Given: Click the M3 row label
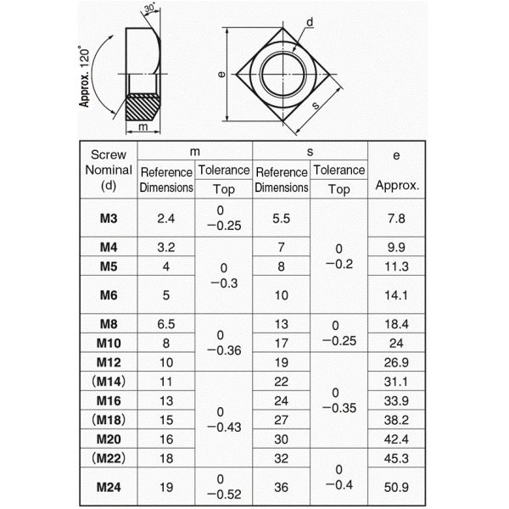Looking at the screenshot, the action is pyautogui.click(x=109, y=218).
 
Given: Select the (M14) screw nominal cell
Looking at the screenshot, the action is pyautogui.click(x=109, y=382).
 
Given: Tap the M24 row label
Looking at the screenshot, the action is pyautogui.click(x=109, y=487).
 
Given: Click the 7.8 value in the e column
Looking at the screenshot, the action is pyautogui.click(x=396, y=218).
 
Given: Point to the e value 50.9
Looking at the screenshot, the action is pyautogui.click(x=396, y=487).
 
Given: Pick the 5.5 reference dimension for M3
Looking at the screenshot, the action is pyautogui.click(x=281, y=218).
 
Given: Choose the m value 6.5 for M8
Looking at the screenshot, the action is pyautogui.click(x=166, y=324).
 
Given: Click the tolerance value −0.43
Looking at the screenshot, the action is pyautogui.click(x=224, y=427).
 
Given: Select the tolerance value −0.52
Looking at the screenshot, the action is pyautogui.click(x=224, y=494).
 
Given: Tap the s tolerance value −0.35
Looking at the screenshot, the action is pyautogui.click(x=339, y=408).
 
